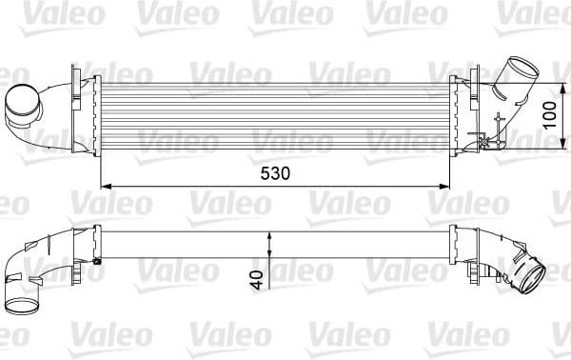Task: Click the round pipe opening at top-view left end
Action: click(21, 105)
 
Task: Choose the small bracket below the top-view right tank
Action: click(492, 139)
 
